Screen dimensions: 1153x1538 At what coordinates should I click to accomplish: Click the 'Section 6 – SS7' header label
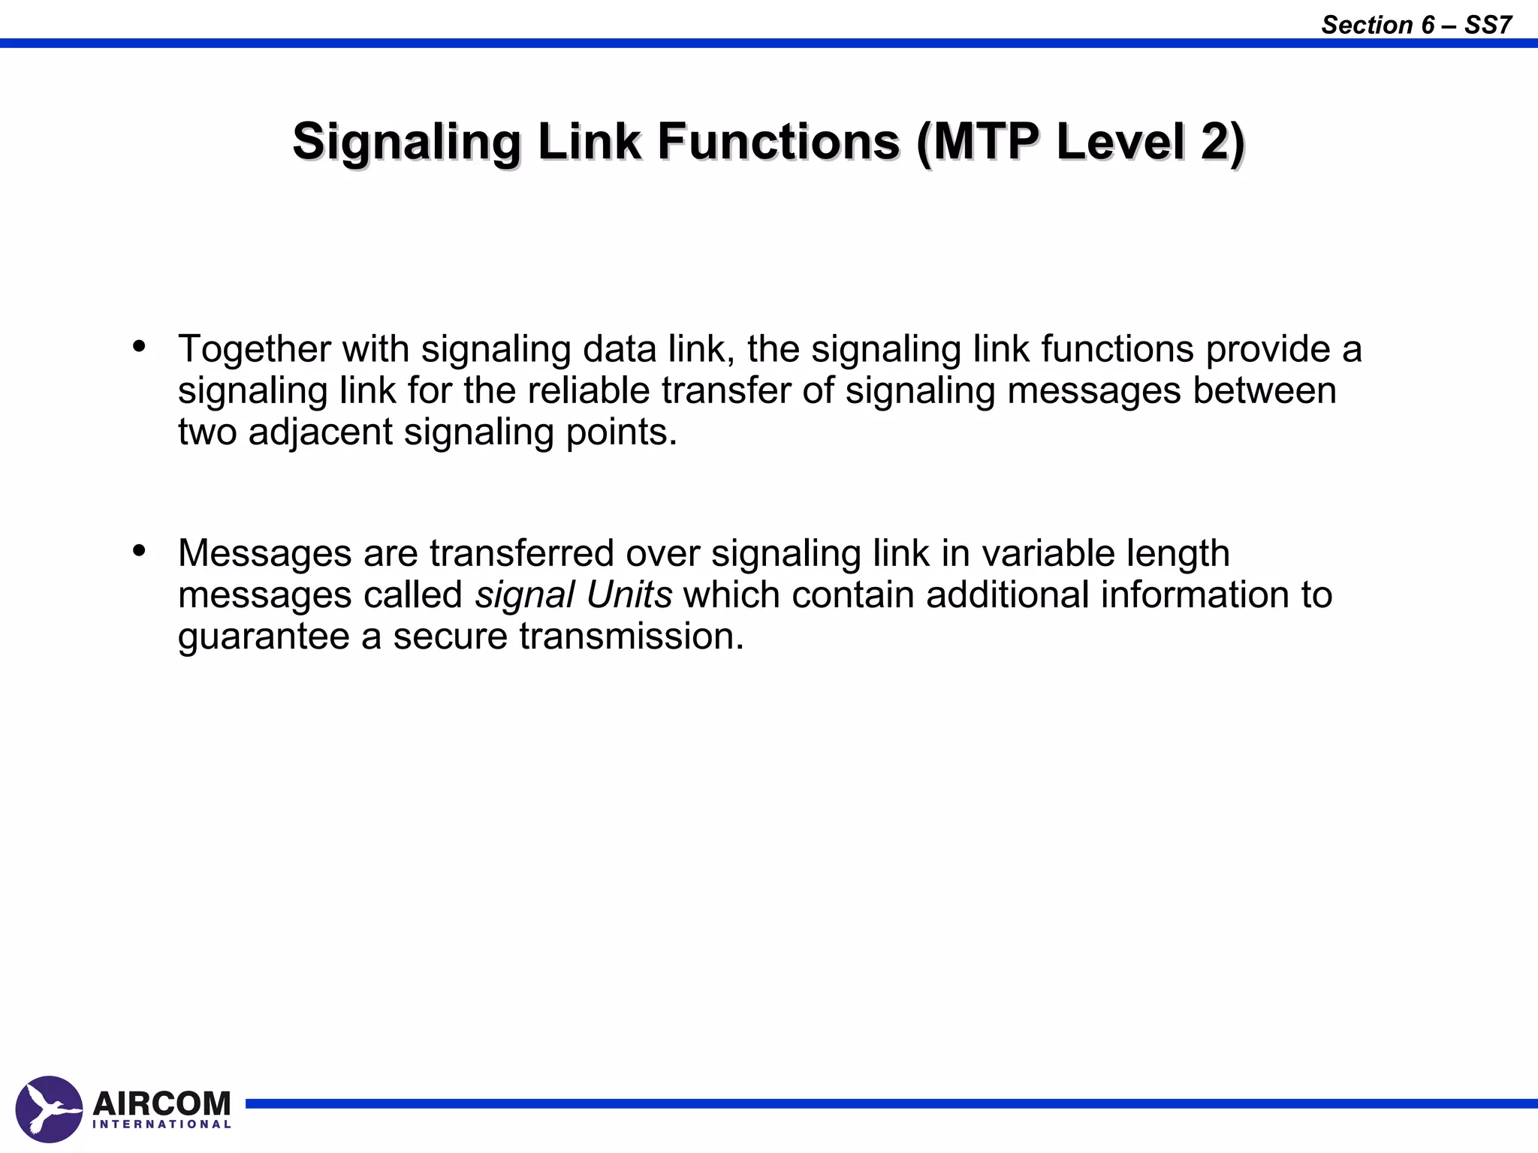point(1416,25)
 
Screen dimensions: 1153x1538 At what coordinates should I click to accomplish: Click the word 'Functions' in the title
point(779,141)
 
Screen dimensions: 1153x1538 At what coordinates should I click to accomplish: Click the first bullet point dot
point(139,347)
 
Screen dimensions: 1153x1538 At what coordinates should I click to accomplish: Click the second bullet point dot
point(139,551)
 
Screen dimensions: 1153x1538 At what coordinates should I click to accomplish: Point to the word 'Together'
point(255,349)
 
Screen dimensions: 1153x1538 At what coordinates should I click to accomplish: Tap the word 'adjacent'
point(321,432)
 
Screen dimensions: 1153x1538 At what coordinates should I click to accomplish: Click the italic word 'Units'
point(629,595)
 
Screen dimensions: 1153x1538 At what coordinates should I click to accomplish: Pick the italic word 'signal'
point(525,595)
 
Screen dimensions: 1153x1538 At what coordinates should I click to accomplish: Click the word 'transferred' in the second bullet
point(522,553)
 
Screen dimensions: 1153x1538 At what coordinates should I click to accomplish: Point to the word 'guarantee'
point(264,637)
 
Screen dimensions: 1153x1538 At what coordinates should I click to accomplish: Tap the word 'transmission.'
point(631,636)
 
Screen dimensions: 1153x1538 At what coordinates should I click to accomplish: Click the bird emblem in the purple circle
point(49,1109)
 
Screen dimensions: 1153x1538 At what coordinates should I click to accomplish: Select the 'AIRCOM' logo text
point(161,1103)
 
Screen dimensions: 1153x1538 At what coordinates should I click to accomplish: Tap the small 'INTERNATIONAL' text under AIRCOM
point(161,1124)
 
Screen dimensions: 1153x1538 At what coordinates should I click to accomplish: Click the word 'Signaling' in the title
point(406,141)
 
